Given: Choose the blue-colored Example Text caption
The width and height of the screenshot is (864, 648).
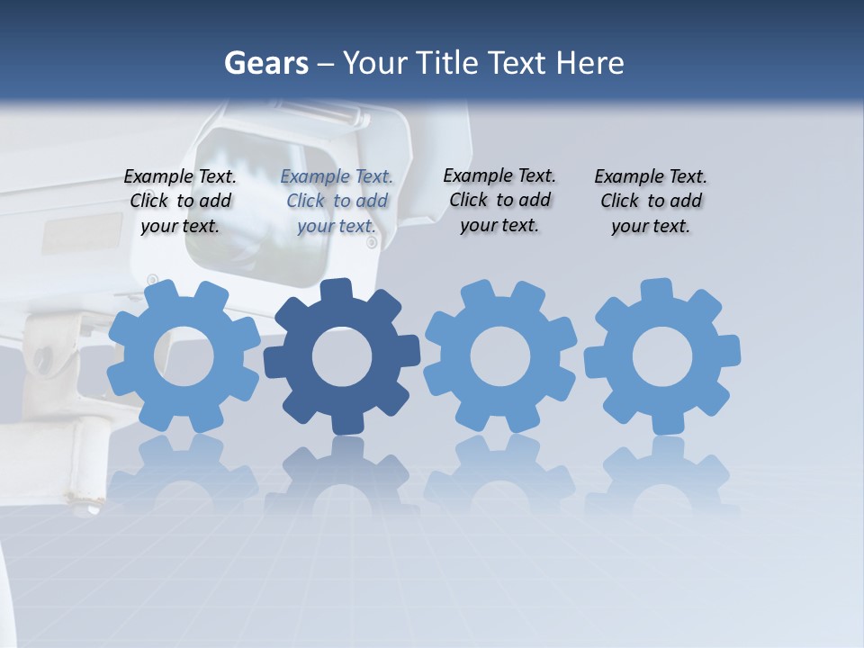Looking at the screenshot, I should coord(337,202).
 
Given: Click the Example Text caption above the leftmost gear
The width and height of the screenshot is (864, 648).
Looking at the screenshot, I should coord(180,202).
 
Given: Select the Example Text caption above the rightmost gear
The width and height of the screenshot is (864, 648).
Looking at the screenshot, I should coord(651,202).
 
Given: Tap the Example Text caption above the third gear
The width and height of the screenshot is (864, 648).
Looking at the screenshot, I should coord(499,201).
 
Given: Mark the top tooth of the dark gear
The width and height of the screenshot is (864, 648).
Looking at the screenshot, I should coord(336,290).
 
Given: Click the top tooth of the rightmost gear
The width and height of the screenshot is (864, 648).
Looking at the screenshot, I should coord(656,290).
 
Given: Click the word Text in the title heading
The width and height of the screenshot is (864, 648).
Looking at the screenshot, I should coord(517,64).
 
